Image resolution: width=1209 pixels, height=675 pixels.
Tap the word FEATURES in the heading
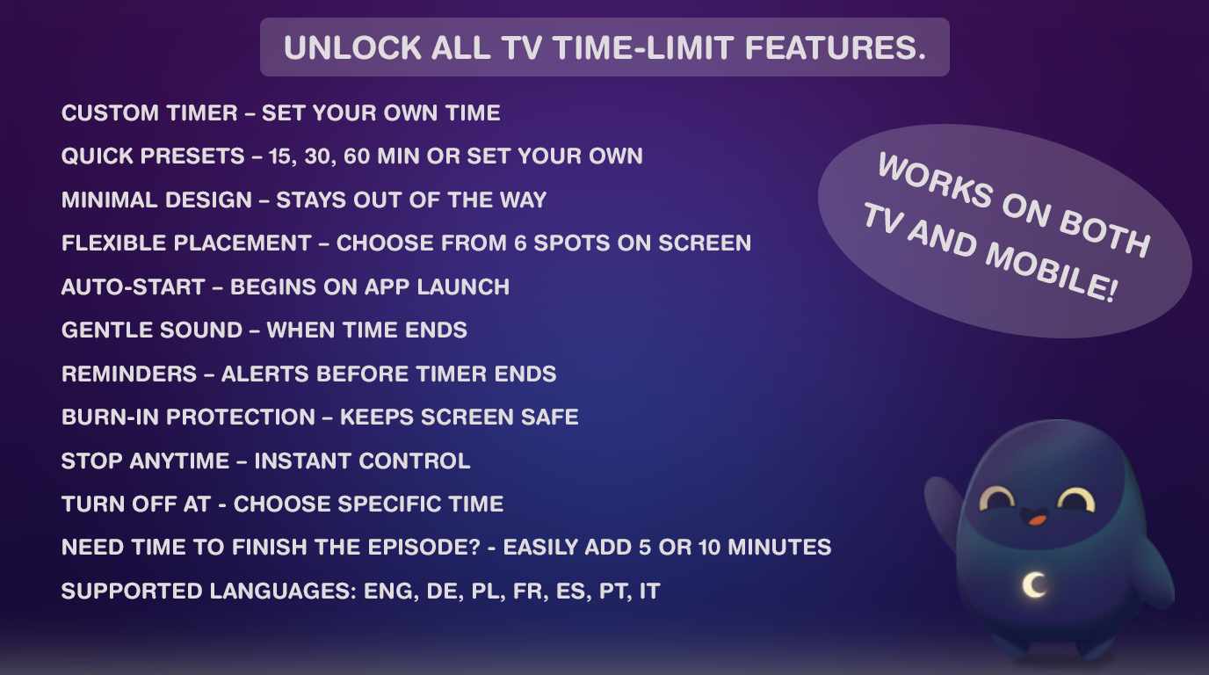pos(836,48)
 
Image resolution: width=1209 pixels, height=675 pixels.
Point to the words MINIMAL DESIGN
pos(156,200)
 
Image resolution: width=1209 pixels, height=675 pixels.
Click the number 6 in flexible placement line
pos(520,243)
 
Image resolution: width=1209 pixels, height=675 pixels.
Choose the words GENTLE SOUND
pos(151,330)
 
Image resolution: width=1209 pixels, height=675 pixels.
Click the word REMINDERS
pos(129,374)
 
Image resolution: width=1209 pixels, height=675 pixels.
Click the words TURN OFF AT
pos(136,504)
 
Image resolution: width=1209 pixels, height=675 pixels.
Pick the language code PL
pos(484,592)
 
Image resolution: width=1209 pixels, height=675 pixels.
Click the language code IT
pos(649,592)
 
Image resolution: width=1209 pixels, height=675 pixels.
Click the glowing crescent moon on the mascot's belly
pos(1034,584)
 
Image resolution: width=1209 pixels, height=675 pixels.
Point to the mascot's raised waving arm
pos(941,510)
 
